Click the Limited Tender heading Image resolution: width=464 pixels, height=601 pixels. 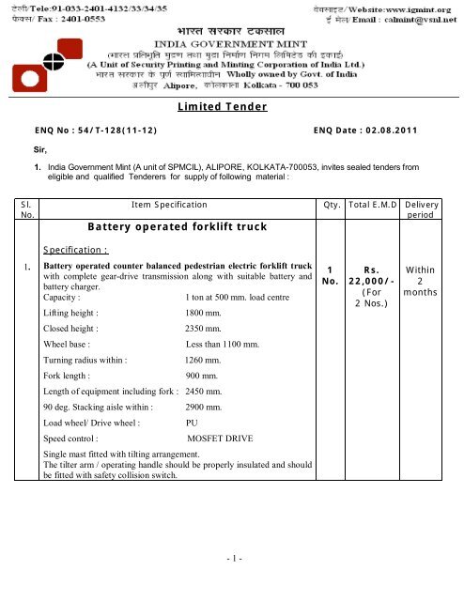coord(231,110)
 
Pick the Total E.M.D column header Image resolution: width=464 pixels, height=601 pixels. coord(374,203)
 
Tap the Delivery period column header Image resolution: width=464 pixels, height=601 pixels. coord(434,208)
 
